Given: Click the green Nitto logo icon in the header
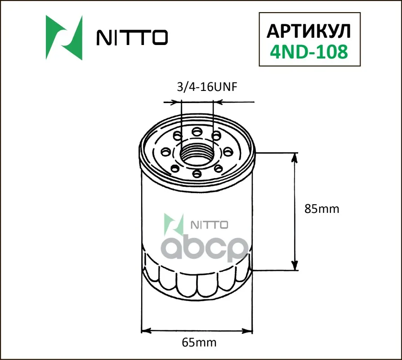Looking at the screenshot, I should [x=64, y=38].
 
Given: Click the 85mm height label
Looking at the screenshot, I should [x=321, y=209].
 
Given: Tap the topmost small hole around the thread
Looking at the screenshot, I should [x=197, y=131].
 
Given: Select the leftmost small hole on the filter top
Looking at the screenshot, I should [x=165, y=151].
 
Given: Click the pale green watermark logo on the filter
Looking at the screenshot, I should [x=174, y=224].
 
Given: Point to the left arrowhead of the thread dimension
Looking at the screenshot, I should [x=177, y=103].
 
